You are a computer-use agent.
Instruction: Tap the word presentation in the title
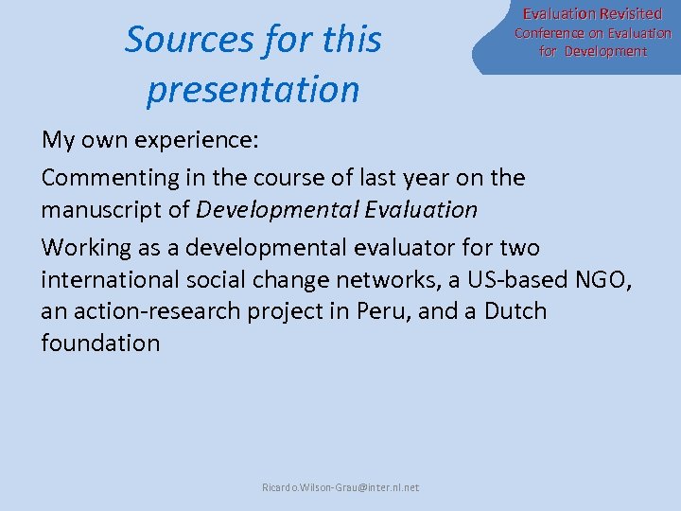click(253, 90)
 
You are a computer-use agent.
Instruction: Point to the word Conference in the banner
click(550, 33)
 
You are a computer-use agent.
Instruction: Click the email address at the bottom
click(340, 487)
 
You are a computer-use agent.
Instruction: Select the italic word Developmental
click(272, 209)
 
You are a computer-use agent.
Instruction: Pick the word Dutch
click(515, 311)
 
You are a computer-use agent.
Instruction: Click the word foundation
click(100, 343)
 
